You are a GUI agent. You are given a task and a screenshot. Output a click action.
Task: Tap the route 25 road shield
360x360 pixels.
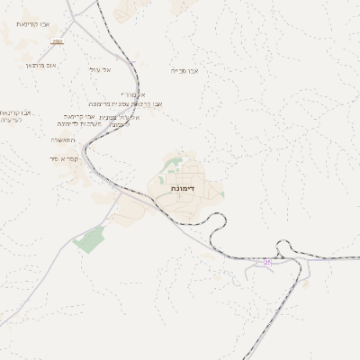tap(267, 262)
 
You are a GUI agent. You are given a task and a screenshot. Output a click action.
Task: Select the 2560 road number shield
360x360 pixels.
tap(58, 41)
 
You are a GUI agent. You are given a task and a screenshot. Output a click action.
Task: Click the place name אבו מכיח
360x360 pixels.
tap(184, 69)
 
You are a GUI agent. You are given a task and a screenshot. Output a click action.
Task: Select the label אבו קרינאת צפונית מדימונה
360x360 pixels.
tap(136, 103)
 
